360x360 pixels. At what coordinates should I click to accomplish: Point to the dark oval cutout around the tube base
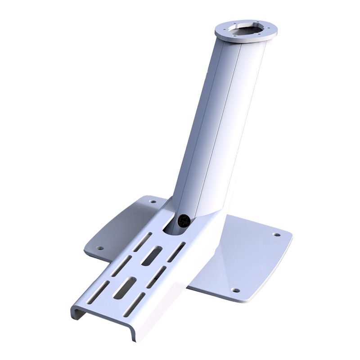173,225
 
